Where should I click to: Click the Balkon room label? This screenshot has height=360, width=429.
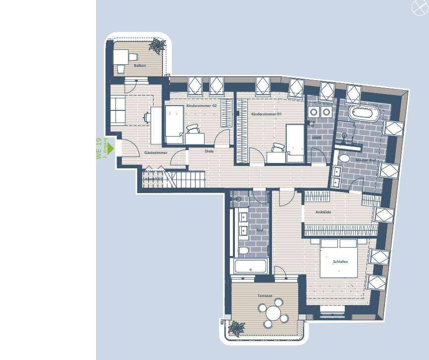coord(140,65)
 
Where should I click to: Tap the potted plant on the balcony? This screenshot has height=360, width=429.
coord(158,46)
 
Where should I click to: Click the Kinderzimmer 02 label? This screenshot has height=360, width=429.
coord(202,106)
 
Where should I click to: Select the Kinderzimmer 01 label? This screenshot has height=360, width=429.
coord(267,114)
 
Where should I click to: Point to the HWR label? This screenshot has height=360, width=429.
coord(316,138)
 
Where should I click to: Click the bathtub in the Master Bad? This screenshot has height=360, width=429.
coord(364,112)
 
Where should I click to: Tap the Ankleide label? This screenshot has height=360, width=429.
coord(323,212)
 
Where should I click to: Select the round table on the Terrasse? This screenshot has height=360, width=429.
coord(272,313)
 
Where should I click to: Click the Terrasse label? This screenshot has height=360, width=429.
coord(265,296)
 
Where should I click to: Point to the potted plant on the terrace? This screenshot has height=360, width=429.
coord(236,328)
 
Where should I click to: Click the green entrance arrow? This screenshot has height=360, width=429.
coord(111,148)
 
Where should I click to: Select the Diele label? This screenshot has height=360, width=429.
coord(209,151)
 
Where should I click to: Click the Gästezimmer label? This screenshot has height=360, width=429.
coord(156,153)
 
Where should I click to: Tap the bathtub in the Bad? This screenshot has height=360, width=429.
coord(250,267)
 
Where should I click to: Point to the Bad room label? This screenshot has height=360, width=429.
coord(259,230)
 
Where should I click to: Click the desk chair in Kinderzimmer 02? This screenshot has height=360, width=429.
coord(193,129)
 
